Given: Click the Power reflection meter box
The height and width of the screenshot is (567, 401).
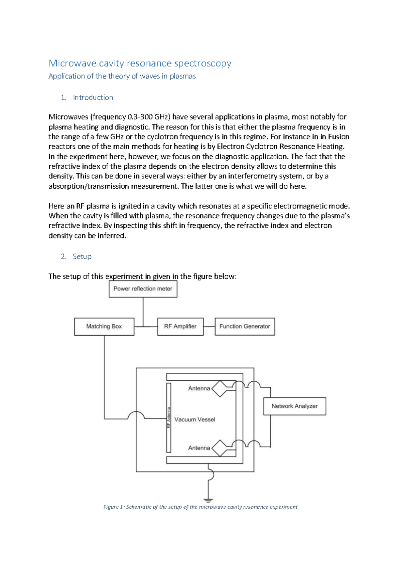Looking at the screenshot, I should pyautogui.click(x=143, y=289).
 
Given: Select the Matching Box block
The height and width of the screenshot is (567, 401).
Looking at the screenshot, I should pyautogui.click(x=104, y=327).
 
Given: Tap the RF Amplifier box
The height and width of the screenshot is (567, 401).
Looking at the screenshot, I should pyautogui.click(x=180, y=327).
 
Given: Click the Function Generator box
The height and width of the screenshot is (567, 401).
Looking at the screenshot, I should pyautogui.click(x=245, y=327).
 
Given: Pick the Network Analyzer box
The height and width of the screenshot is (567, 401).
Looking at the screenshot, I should pyautogui.click(x=294, y=406).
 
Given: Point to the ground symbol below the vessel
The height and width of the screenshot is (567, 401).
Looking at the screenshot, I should pyautogui.click(x=208, y=500).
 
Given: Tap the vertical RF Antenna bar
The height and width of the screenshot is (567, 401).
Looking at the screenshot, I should pyautogui.click(x=169, y=417).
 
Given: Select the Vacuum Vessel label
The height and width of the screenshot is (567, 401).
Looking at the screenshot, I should pyautogui.click(x=195, y=419).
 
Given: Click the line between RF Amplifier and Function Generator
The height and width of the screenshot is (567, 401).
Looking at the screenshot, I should pyautogui.click(x=209, y=327).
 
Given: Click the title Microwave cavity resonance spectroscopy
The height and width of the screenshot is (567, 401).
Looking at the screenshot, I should pyautogui.click(x=140, y=63).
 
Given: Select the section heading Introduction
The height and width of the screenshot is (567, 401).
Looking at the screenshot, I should pyautogui.click(x=93, y=98).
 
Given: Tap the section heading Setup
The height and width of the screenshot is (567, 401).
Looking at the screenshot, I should pyautogui.click(x=82, y=256).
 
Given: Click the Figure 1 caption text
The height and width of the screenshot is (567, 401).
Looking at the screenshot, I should pyautogui.click(x=200, y=507).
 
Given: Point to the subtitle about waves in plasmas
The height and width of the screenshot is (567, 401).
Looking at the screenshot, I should pyautogui.click(x=122, y=76).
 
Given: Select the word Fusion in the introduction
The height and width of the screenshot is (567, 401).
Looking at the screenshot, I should pyautogui.click(x=339, y=137).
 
